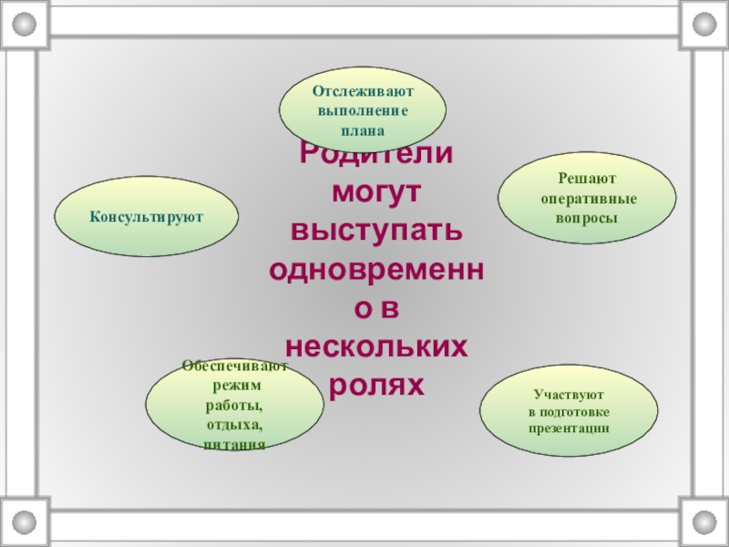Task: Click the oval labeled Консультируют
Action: coord(147,217)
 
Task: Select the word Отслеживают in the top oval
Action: coord(363,91)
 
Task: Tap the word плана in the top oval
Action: coord(363,129)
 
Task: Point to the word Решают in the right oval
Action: coord(587,180)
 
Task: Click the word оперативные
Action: coord(588,199)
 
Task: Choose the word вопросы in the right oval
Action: coord(587,218)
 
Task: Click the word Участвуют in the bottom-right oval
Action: coord(569,395)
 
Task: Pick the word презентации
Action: coord(569,428)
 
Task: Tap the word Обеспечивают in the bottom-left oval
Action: coord(234,366)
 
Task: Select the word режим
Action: coord(234,387)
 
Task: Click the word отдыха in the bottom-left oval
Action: coord(234,425)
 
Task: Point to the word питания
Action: coord(234,444)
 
